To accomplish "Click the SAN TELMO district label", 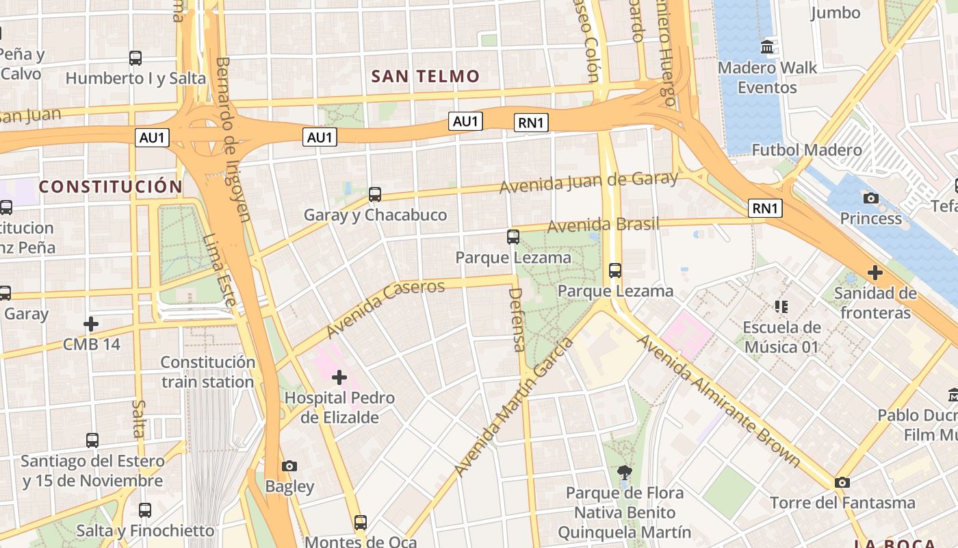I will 425,76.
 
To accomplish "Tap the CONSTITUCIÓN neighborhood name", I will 111,186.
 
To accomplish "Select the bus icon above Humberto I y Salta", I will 135,58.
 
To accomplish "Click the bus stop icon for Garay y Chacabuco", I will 374,195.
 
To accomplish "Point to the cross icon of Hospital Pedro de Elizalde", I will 339,377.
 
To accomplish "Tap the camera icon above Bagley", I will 289,466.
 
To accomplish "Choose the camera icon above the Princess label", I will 870,199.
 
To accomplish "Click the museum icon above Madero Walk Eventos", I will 767,47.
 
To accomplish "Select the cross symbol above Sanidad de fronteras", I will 875,273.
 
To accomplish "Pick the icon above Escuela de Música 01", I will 781,306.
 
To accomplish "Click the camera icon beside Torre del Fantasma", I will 842,483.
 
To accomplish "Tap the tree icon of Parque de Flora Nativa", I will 623,472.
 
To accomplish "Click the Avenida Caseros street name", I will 385,308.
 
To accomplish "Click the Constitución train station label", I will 208,372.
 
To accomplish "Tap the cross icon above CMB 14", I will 91,323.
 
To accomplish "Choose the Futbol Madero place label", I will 807,150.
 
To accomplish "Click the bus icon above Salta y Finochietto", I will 145,510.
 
